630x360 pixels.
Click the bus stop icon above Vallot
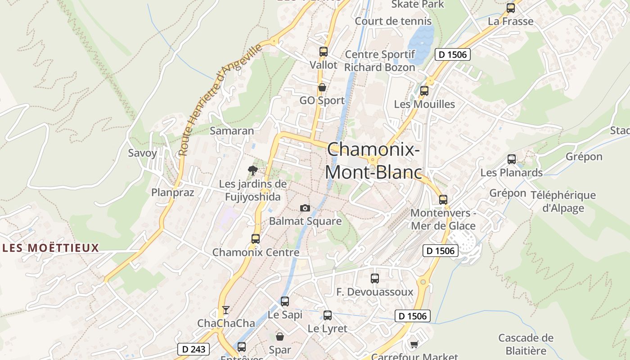(324, 51)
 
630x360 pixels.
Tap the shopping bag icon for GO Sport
(322, 87)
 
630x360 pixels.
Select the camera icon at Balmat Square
(305, 208)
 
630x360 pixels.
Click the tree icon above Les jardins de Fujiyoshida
(253, 170)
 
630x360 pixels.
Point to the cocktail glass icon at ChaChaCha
(226, 310)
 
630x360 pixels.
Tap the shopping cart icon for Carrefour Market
(414, 344)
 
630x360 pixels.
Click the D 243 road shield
(194, 349)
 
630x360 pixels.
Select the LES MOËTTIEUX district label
(50, 248)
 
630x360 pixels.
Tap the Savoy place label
(143, 153)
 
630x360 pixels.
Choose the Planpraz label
(173, 193)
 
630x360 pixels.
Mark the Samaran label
(232, 131)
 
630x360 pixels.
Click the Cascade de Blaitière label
(526, 344)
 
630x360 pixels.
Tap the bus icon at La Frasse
(511, 8)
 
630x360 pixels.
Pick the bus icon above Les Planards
(512, 159)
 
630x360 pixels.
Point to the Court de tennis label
(393, 21)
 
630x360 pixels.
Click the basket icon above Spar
(280, 336)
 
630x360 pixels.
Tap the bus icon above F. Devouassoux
(375, 278)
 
